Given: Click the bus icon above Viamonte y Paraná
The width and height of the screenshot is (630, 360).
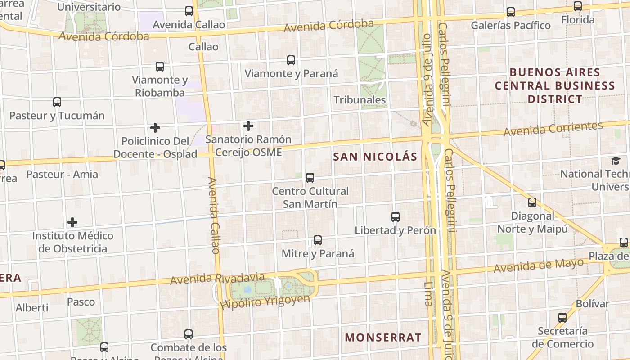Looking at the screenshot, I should pos(291,60).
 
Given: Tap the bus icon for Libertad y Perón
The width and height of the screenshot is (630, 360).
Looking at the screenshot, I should pos(396,217).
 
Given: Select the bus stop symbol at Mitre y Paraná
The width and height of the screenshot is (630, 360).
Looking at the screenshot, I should pos(318,240).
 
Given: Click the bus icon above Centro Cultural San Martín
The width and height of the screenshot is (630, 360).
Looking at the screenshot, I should pos(310,178).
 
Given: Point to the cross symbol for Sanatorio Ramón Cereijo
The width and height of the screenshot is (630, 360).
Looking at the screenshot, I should pos(248,126).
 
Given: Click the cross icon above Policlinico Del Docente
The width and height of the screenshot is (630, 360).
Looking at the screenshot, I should pos(155,128).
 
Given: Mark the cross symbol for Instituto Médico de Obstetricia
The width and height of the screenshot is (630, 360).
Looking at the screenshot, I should pos(72,222).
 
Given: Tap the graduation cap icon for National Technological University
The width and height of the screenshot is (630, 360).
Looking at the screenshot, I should pos(615,161).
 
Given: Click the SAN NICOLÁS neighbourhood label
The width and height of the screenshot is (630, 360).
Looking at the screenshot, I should pos(375,157).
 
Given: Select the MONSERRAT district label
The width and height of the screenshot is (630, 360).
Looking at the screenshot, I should pos(383,337).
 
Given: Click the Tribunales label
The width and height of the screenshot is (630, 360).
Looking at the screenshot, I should pos(360,100).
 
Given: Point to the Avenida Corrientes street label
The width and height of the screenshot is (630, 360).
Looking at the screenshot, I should pos(553,129).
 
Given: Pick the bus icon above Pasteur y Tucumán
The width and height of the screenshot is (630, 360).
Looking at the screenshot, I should pos(57,102).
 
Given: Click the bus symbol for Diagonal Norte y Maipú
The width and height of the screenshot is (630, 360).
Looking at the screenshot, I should pos(532,202).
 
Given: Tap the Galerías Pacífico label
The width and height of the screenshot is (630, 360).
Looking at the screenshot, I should pos(511,26).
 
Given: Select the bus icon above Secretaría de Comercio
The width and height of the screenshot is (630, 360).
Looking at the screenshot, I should pos(562,318).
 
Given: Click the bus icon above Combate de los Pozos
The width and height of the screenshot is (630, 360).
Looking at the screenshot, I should pos(189,334).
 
